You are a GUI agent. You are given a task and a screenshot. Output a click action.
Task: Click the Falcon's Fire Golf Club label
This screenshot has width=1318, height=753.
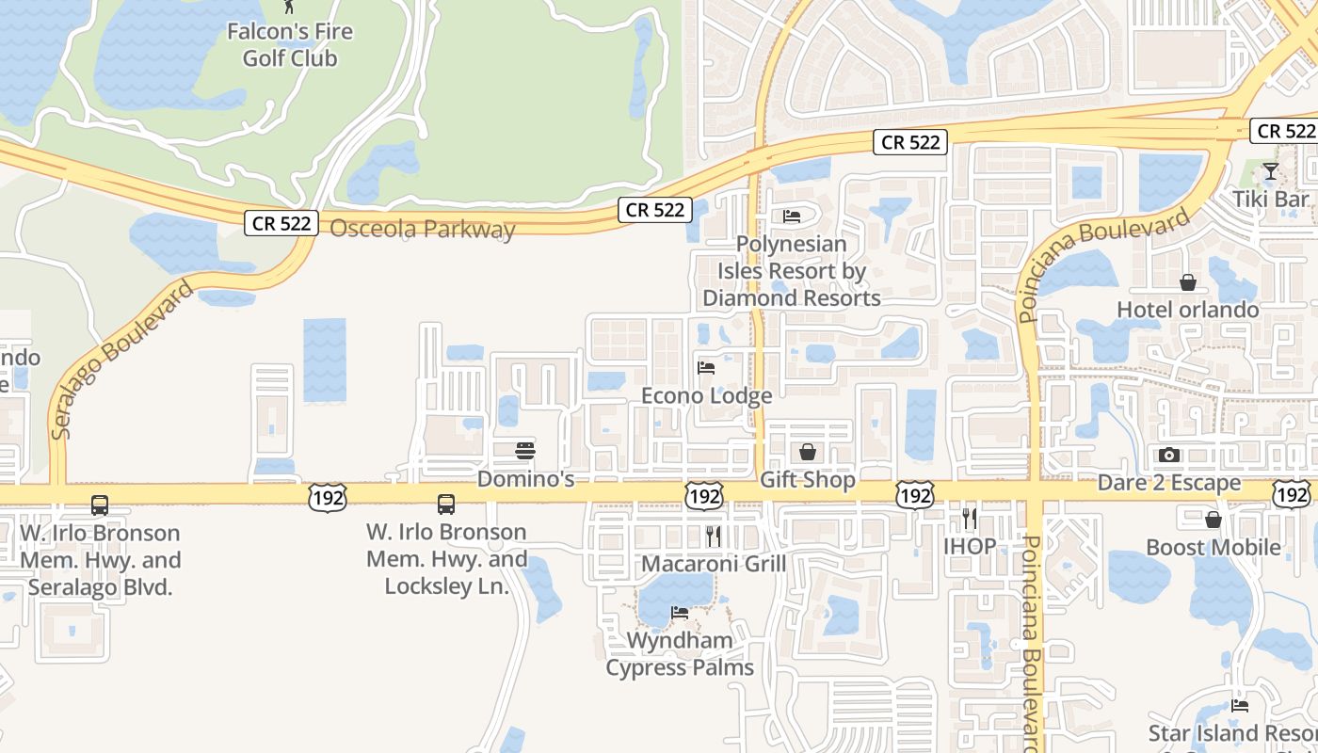coord(289,44)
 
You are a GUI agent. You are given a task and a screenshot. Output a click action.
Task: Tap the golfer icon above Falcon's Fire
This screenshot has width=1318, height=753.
coord(289,6)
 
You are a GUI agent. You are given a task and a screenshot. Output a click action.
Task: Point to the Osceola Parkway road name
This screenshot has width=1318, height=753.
coord(423,229)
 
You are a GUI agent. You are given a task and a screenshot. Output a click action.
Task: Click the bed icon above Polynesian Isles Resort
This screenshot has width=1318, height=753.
coord(792,216)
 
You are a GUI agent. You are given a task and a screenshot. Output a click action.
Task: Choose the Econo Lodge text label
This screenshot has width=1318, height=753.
coord(706,395)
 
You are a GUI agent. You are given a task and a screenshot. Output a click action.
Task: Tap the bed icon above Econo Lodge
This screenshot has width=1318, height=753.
coord(706,367)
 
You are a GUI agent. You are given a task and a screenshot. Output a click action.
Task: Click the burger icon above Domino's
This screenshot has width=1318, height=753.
coord(525,451)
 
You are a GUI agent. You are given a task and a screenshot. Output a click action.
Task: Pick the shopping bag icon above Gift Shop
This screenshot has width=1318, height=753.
coord(807,453)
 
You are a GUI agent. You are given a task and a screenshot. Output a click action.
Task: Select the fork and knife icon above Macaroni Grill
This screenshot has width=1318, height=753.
coord(714,537)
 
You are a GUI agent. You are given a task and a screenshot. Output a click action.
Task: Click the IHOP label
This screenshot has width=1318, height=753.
coord(970,546)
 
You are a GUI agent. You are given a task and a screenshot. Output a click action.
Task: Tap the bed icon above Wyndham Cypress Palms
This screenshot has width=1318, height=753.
coord(679,613)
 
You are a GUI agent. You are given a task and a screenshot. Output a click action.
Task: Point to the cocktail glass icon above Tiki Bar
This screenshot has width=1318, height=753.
coord(1271,171)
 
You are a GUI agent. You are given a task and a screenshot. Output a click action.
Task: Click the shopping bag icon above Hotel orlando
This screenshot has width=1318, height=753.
coord(1188,282)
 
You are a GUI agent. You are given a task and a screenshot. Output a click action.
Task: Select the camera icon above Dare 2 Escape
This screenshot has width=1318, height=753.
coord(1169,456)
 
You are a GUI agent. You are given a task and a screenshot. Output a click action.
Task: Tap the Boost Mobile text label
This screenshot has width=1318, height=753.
coord(1213,547)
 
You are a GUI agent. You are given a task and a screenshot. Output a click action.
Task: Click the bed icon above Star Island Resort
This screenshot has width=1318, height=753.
coord(1240,705)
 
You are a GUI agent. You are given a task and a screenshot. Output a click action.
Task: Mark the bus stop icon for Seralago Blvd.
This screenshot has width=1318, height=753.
coord(100,505)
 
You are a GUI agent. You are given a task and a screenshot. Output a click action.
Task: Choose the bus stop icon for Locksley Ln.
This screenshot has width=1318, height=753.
coord(446,505)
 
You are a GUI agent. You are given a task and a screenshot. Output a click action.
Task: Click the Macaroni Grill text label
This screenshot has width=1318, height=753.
coord(713,564)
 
